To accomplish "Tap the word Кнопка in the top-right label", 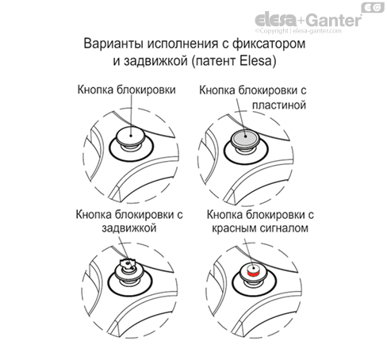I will [223, 90].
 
